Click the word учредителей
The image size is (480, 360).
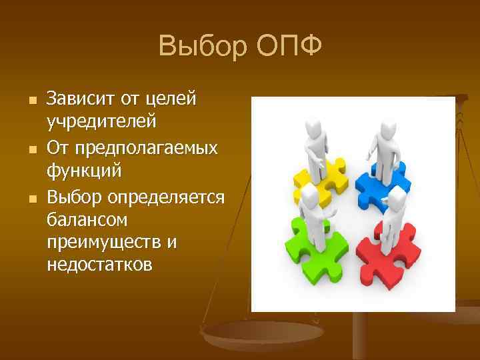(x=102, y=122)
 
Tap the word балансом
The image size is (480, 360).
(x=87, y=219)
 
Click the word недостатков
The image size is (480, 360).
(x=100, y=265)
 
